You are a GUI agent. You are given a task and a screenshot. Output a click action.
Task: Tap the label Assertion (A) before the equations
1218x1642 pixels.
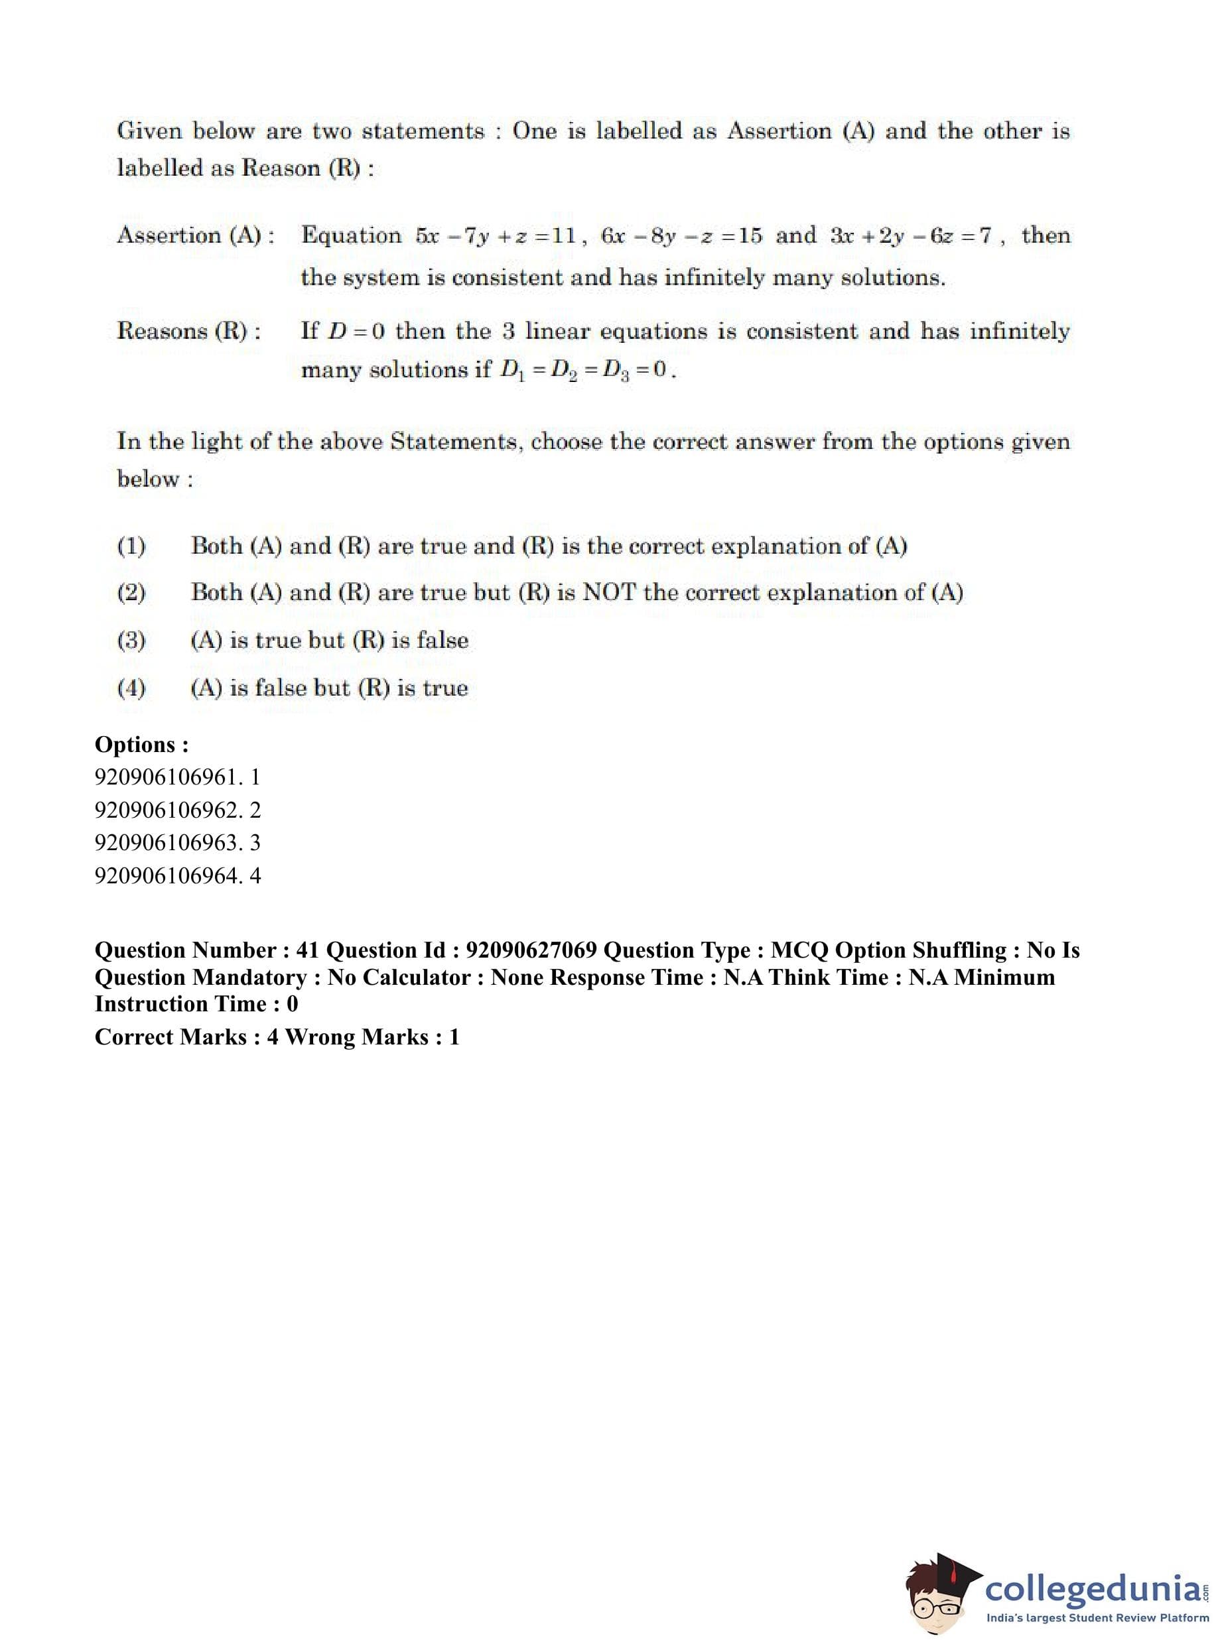[196, 236]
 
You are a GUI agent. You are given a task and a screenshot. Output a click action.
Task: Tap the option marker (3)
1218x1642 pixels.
[131, 640]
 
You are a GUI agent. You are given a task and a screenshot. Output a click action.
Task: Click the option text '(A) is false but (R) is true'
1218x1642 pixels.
[329, 688]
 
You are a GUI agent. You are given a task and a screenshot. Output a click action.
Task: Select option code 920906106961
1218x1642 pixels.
[167, 777]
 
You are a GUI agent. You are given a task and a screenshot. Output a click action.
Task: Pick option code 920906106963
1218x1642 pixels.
[167, 842]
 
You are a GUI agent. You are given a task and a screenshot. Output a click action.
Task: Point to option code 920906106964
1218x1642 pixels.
[167, 875]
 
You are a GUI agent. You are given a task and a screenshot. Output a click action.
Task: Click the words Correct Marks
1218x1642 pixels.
[171, 1037]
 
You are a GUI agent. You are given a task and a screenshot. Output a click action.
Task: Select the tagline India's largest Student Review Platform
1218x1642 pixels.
[1097, 1618]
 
